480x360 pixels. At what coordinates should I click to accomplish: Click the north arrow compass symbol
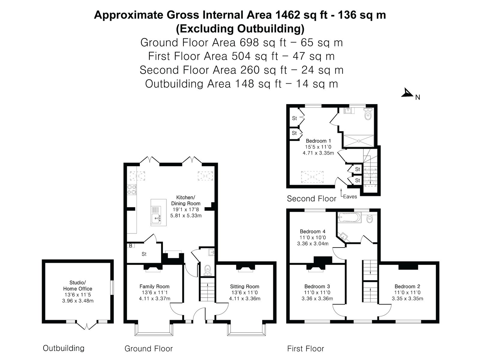(x=407, y=93)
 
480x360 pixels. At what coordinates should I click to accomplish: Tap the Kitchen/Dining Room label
(x=186, y=200)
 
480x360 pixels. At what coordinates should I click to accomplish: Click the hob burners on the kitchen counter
(x=132, y=189)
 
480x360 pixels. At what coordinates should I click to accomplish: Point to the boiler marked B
(x=130, y=245)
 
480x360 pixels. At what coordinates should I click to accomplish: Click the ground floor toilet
(x=208, y=270)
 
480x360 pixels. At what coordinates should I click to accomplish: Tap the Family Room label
(x=154, y=286)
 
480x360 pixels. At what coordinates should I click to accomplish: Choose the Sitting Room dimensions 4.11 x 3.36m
(x=245, y=298)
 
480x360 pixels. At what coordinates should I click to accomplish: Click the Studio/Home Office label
(x=78, y=286)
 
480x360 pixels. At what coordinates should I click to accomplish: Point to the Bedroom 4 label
(x=313, y=231)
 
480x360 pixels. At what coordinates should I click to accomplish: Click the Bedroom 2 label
(x=407, y=286)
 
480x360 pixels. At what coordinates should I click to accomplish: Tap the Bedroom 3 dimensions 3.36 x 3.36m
(x=317, y=298)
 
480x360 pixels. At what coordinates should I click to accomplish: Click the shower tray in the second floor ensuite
(x=359, y=141)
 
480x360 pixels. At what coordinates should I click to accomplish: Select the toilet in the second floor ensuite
(x=368, y=114)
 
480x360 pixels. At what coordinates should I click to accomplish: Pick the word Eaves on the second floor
(x=350, y=196)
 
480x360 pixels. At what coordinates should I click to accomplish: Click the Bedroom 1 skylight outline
(x=312, y=177)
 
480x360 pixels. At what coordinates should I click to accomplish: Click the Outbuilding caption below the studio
(x=64, y=348)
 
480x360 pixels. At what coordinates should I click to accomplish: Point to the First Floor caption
(x=306, y=348)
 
